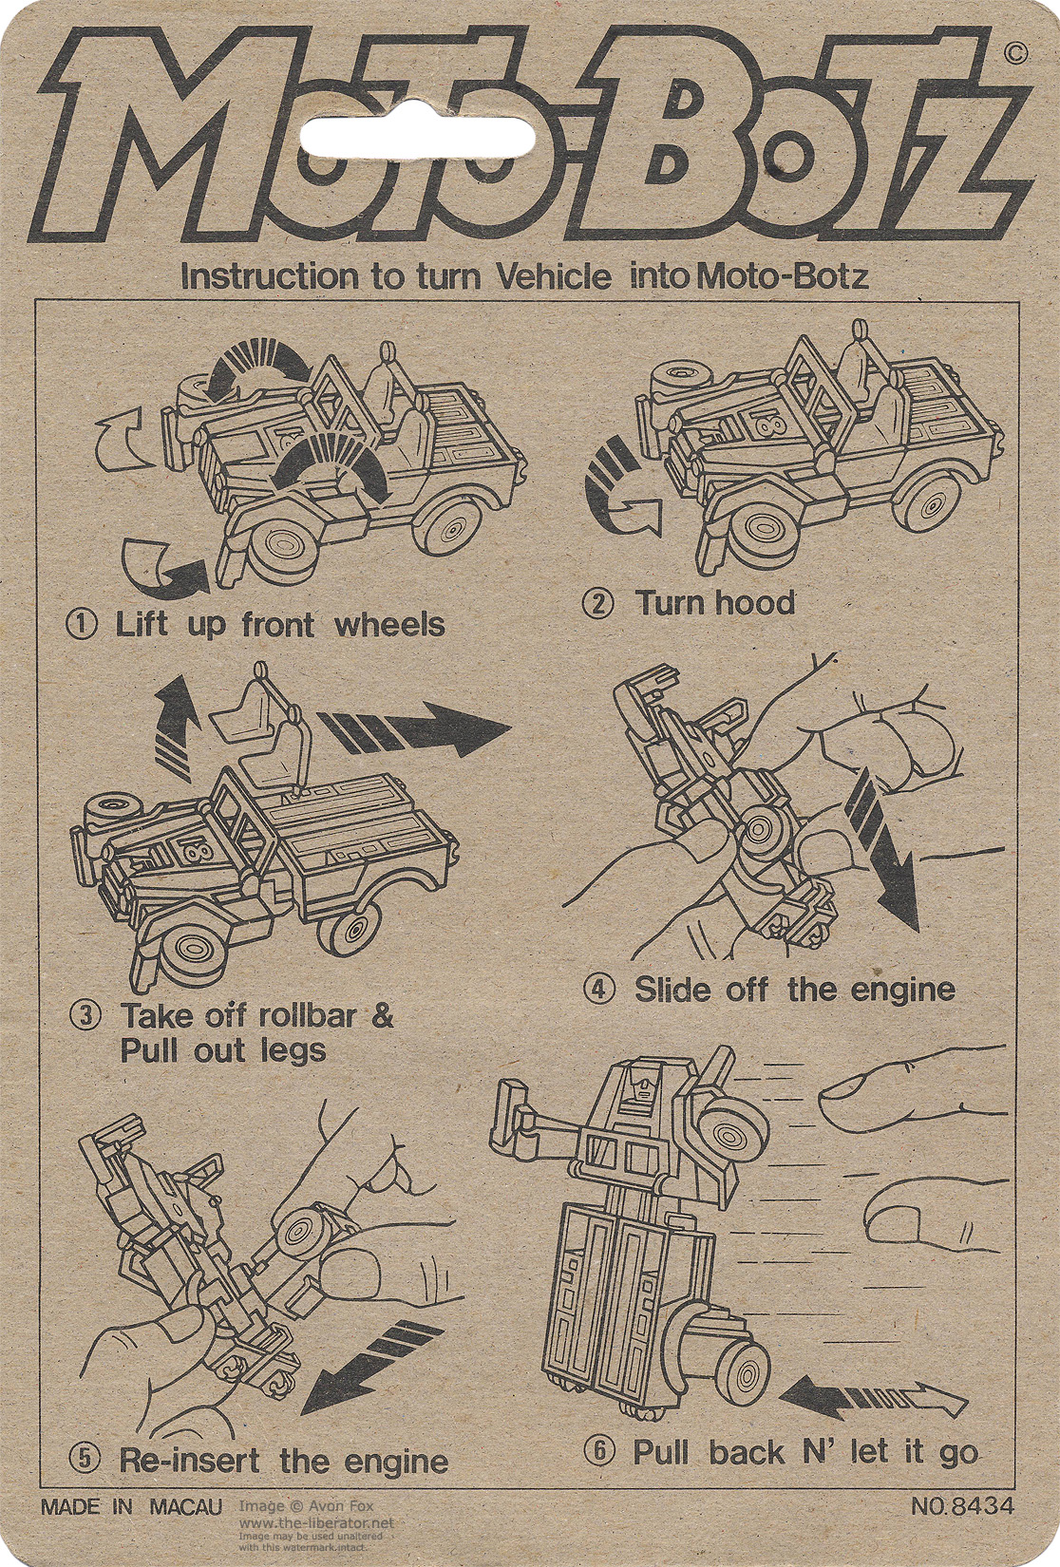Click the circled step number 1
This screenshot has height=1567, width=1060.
[83, 625]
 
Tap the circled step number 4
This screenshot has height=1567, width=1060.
[599, 990]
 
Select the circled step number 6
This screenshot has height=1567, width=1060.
[599, 1452]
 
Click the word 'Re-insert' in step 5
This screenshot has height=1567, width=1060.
[189, 1461]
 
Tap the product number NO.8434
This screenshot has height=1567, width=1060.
[962, 1506]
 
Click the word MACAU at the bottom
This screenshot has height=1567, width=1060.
[185, 1507]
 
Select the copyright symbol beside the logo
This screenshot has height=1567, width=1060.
[1015, 54]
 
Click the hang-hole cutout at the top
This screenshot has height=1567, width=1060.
[417, 139]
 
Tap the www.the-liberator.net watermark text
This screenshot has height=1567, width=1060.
[315, 1523]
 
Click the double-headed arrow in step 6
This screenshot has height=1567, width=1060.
[872, 1397]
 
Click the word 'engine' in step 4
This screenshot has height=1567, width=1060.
[902, 990]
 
